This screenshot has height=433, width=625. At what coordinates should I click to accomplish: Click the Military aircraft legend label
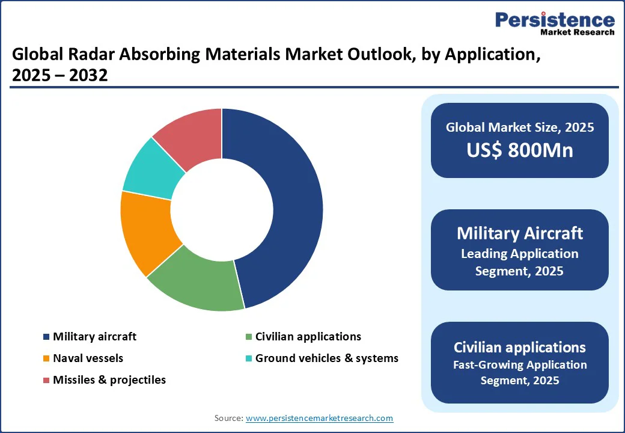click(94, 337)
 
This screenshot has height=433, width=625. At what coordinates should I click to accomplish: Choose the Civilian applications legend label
click(308, 337)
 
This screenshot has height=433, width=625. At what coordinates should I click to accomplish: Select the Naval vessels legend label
click(88, 358)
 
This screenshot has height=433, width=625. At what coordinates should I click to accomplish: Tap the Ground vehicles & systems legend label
click(326, 358)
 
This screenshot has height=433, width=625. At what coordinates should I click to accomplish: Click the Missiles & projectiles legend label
click(109, 380)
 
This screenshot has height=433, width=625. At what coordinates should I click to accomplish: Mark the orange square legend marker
click(46, 359)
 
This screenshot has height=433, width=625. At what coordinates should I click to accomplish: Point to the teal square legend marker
click(248, 359)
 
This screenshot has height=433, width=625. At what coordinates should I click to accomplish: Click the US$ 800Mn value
click(520, 150)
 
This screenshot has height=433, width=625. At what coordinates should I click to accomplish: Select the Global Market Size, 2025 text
click(520, 127)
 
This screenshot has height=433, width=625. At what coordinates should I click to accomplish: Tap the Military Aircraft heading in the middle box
click(520, 233)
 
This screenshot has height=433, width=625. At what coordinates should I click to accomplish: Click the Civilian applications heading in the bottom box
click(520, 347)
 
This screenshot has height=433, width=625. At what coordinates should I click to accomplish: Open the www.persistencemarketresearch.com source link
click(319, 418)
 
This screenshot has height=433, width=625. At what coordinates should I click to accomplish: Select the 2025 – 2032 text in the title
click(59, 76)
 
